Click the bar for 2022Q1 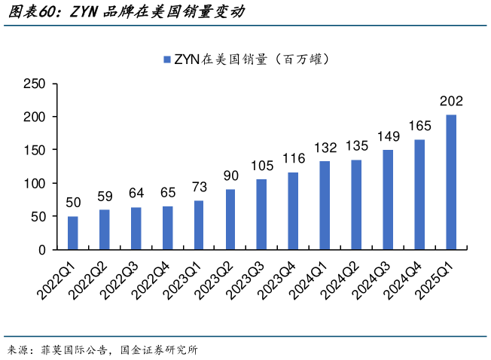(x=73, y=233)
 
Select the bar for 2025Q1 (x=451, y=182)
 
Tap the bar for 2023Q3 (x=262, y=214)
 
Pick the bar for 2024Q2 (x=356, y=204)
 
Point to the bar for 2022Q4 (x=167, y=227)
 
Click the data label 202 (x=451, y=102)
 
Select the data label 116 (x=294, y=159)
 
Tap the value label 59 (x=105, y=197)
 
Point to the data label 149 (x=388, y=137)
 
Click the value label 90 (x=230, y=176)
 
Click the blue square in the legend (x=167, y=59)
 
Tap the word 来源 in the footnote (x=19, y=349)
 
